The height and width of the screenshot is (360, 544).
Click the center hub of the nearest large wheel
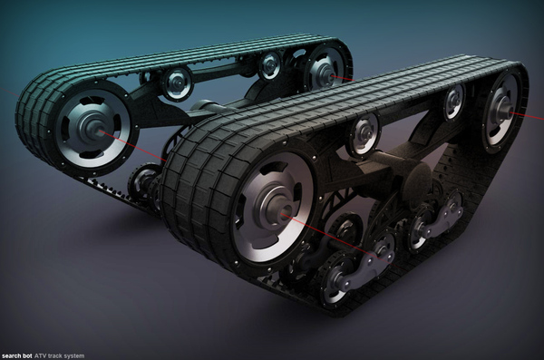pos(280,210)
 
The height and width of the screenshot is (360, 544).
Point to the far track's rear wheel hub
pos(325,73)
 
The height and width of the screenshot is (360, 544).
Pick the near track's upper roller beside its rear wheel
pos(454,102)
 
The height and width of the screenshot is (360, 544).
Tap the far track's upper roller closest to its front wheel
pos(176,83)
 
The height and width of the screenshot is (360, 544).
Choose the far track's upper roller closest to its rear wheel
pos(271,65)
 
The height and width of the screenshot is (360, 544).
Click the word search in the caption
pos(10,356)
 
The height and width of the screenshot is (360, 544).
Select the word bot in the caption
pos(26,356)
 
